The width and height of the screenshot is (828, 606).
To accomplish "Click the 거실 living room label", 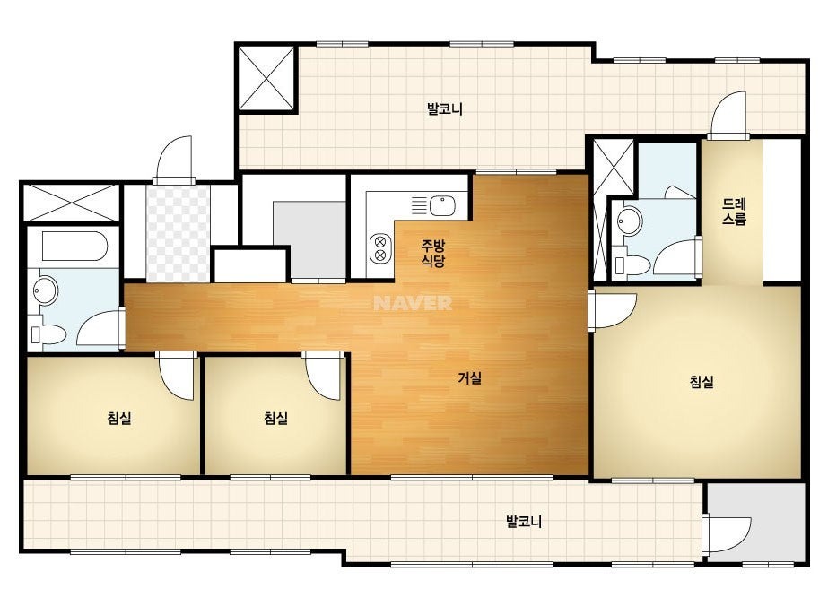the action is coord(469,378).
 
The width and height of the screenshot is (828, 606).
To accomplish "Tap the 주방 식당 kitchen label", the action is coord(433,253).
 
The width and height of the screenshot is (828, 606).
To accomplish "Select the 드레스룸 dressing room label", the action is coord(734,212).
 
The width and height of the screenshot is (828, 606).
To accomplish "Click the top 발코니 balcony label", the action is coord(445,109).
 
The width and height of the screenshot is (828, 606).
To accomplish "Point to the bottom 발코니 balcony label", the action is coord(524,522).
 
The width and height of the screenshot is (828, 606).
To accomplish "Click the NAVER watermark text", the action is coord(413,303).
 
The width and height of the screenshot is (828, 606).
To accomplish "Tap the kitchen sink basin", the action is coord(442,205).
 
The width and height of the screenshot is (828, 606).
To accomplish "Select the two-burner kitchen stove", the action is coord(379,248).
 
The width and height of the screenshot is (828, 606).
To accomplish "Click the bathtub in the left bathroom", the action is coord(75,247).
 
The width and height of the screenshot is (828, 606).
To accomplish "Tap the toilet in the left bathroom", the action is coord(48,334).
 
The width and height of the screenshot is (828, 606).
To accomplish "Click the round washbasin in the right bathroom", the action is coord(629,221).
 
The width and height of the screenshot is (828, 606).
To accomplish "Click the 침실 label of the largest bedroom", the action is coord(702,382).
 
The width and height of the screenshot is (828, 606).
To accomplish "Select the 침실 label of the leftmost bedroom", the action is coord(119,419).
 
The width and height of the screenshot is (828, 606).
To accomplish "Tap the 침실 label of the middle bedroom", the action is coord(276,419).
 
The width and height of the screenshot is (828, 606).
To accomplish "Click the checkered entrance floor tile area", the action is coord(178,233).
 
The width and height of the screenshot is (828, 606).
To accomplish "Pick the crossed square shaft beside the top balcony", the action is coord(266,78).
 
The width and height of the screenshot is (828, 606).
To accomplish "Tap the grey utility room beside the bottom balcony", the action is coord(755,522).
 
